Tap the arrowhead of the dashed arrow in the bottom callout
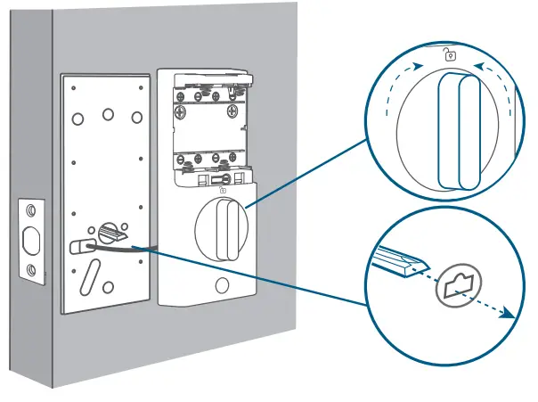pos(509,313)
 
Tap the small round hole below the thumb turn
pos(220,287)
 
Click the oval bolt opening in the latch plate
pos(31,241)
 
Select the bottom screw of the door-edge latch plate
pos(31,270)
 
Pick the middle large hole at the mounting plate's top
pos(108,114)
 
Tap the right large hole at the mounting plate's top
pos(136,116)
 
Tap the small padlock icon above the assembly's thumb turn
pos(221,188)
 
